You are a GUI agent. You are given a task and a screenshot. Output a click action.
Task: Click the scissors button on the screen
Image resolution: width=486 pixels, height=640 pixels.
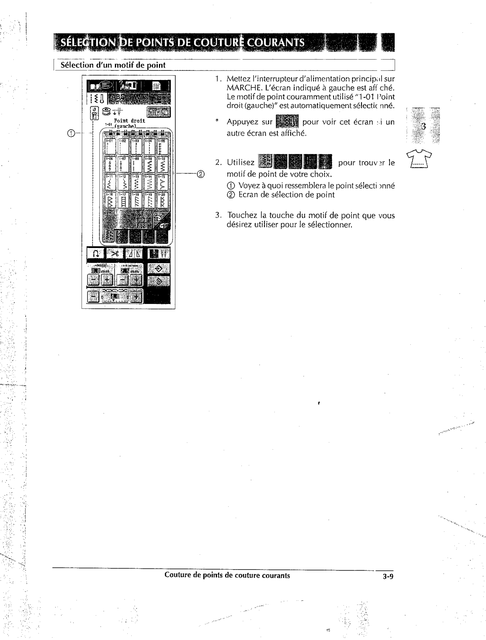pos(116,254)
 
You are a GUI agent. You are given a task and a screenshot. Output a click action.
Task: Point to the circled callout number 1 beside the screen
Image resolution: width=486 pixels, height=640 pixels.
pos(70,134)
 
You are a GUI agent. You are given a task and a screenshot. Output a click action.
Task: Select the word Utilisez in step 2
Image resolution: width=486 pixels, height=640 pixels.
pos(241,162)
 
